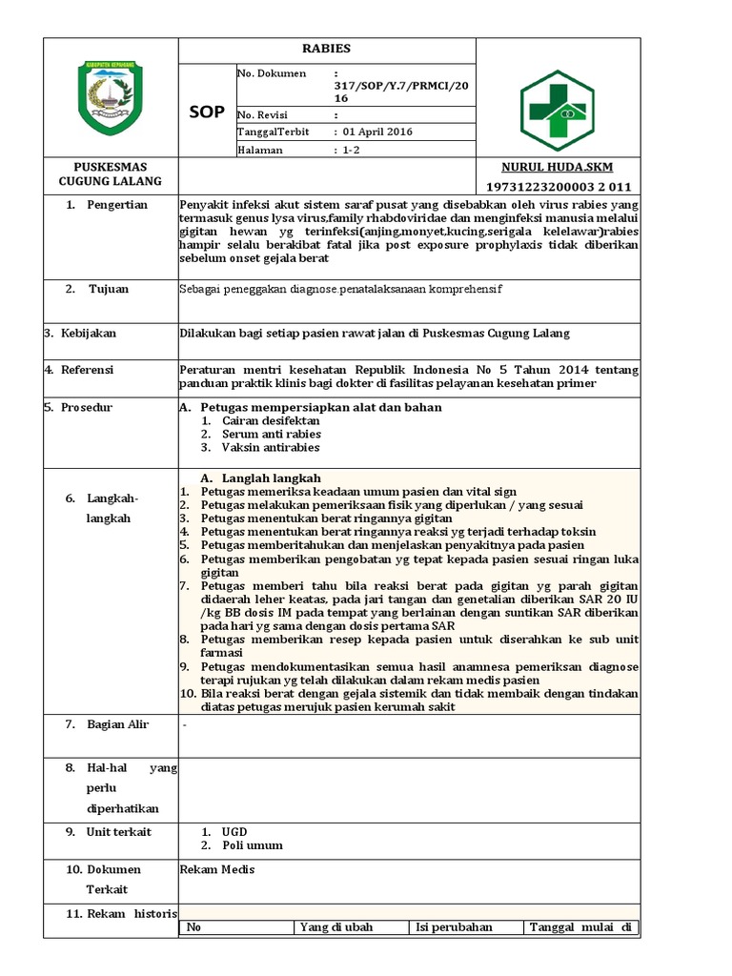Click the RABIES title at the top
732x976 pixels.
click(x=326, y=49)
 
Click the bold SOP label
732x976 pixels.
click(x=206, y=112)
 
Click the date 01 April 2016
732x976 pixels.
click(x=377, y=132)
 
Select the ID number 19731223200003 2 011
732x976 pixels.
click(x=558, y=186)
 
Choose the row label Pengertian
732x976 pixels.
click(x=116, y=205)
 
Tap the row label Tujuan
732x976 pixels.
click(x=109, y=288)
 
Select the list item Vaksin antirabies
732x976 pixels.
click(x=271, y=447)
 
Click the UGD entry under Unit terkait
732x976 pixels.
click(x=234, y=832)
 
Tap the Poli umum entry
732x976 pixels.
click(x=252, y=845)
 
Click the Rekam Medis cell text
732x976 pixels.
click(x=217, y=869)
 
